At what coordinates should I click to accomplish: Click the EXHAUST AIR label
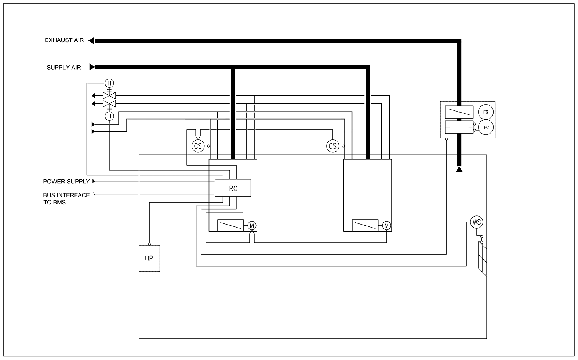[64, 40]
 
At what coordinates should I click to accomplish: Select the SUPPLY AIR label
[64, 68]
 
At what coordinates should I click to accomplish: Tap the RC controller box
[233, 189]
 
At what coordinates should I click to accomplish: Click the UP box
[149, 258]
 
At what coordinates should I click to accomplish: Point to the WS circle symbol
[477, 222]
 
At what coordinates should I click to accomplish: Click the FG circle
[486, 112]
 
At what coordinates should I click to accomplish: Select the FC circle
[486, 127]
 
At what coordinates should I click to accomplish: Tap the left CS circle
[198, 146]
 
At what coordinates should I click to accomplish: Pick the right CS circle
[332, 146]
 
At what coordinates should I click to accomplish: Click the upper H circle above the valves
[109, 83]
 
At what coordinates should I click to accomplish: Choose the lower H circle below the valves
[109, 116]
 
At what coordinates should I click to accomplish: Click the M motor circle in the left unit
[252, 226]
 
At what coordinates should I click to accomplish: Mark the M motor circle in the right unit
[386, 226]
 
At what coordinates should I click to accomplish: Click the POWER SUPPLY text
[66, 182]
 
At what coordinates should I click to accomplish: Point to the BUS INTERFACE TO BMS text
[66, 199]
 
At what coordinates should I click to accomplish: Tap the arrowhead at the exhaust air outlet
[91, 41]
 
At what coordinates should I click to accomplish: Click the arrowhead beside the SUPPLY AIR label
[92, 67]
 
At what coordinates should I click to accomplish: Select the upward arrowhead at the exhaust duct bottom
[459, 169]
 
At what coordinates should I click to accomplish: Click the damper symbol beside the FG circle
[459, 112]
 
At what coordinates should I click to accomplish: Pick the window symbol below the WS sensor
[483, 259]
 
